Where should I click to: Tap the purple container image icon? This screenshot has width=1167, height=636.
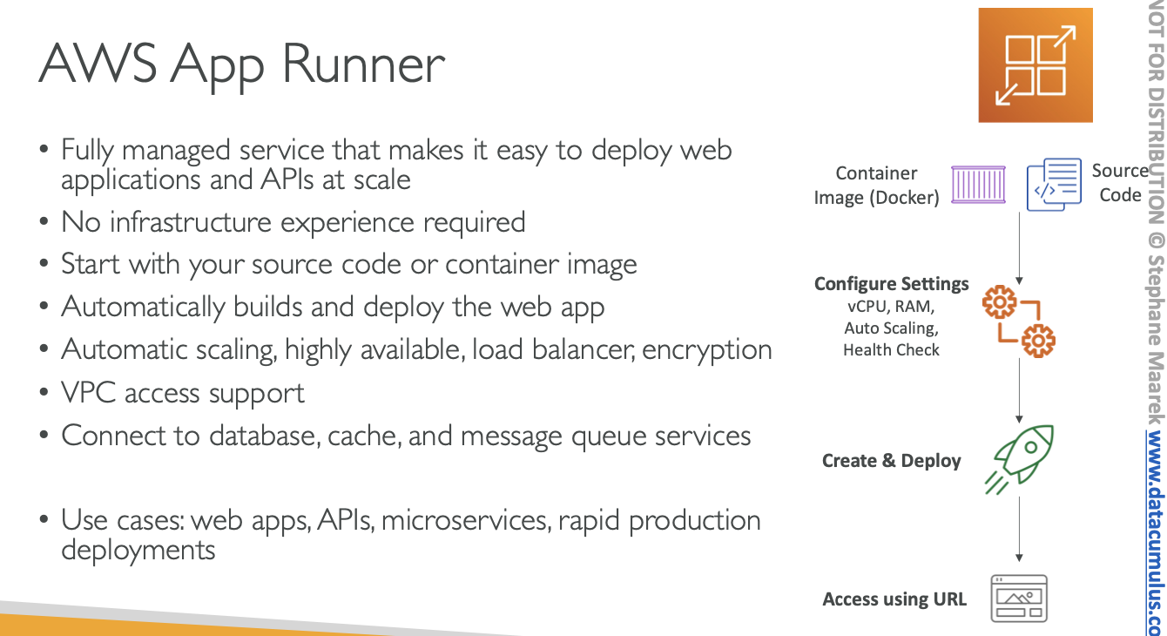[978, 185]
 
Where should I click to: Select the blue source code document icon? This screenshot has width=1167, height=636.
[1054, 184]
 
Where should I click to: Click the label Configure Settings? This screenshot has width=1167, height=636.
[891, 284]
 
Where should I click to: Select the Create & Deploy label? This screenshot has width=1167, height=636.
[891, 461]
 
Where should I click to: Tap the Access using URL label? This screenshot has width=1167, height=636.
[894, 599]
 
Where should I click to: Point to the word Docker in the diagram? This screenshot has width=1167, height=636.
[907, 198]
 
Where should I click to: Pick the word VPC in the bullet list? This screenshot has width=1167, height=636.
[89, 393]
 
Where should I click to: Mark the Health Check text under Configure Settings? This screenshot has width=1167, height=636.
[891, 350]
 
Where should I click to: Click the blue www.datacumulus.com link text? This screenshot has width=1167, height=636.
[1155, 531]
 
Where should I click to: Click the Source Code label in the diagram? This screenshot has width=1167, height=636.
[1120, 183]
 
